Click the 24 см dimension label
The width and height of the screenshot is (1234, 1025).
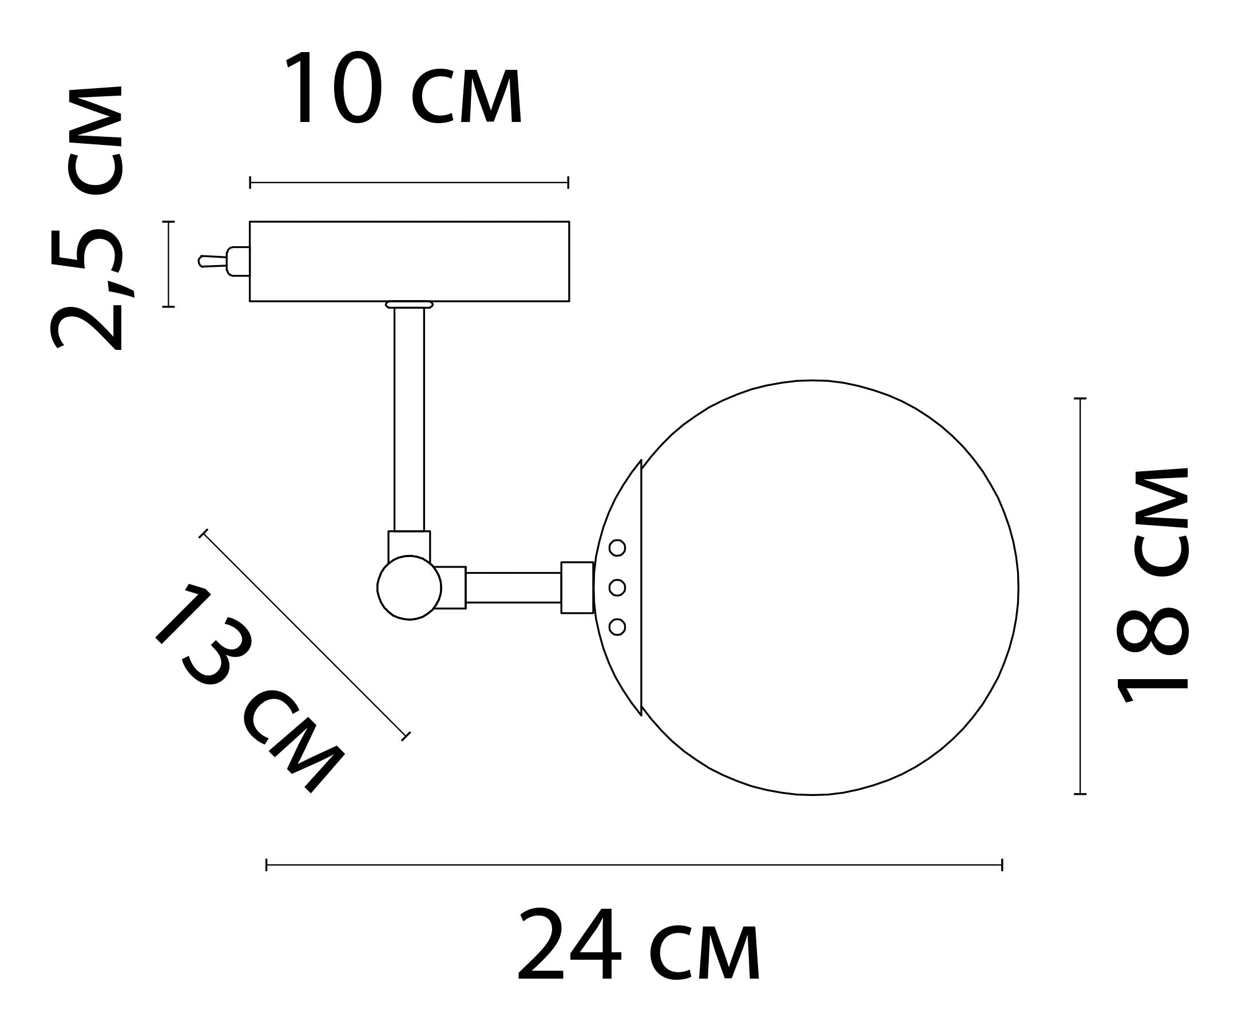(x=639, y=945)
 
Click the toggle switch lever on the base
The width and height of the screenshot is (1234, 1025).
(x=213, y=261)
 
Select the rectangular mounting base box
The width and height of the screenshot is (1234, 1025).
(x=410, y=261)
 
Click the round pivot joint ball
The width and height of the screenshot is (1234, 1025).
(x=410, y=588)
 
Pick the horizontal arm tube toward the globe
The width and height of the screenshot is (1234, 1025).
(x=514, y=588)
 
